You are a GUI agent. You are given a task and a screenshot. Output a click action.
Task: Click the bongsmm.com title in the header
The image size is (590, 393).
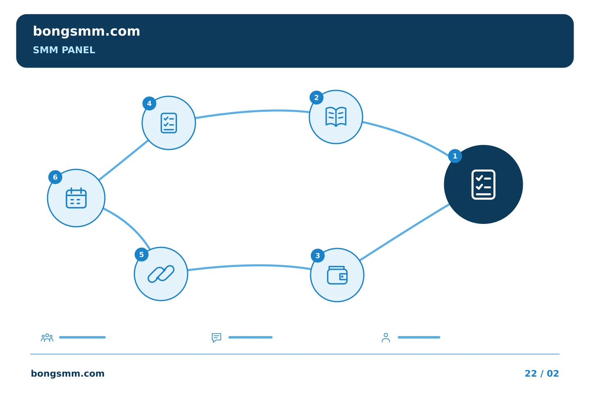point(86,32)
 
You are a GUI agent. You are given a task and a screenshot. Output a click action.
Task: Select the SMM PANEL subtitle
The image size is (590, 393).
point(64,50)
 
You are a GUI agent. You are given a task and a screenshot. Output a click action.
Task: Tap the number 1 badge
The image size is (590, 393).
point(455,156)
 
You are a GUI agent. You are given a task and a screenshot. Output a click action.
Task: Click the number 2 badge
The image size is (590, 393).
point(316,98)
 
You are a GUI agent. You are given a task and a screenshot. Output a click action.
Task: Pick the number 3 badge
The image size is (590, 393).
point(318,255)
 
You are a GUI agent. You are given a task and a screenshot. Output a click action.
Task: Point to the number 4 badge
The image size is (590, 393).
point(149,104)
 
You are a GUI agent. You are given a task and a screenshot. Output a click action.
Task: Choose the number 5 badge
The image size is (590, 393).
point(141,255)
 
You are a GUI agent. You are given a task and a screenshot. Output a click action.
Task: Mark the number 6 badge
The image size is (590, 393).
point(55,177)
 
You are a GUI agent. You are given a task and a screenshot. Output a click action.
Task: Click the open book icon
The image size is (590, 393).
point(336,117)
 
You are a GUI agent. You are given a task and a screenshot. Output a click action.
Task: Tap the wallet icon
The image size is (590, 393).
point(337,276)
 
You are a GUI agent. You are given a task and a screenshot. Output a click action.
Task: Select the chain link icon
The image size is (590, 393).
point(161,274)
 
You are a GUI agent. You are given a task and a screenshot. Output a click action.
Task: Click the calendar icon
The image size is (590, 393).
point(76,198)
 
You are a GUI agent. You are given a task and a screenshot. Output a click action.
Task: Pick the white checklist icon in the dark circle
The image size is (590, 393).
point(483,185)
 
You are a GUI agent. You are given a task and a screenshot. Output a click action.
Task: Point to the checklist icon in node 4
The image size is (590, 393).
point(169,123)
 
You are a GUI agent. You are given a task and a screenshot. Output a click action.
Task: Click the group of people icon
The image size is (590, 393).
point(47,337)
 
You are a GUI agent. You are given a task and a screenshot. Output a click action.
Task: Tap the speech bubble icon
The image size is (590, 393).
point(216,337)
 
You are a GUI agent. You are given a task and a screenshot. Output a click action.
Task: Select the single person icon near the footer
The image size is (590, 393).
point(386,337)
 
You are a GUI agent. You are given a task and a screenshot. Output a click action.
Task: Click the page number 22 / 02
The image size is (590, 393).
point(542,373)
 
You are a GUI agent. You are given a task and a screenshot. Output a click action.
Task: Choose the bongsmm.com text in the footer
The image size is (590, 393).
point(68,373)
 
